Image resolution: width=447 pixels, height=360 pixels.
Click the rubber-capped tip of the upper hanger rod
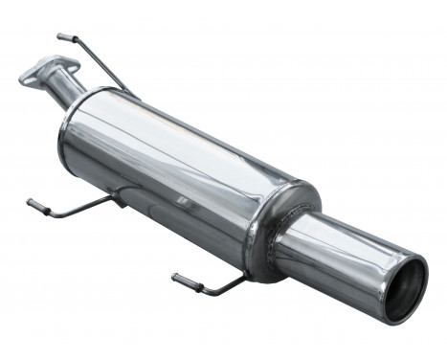pyautogui.click(x=63, y=36)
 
